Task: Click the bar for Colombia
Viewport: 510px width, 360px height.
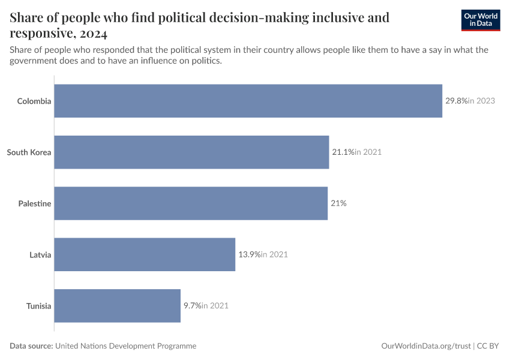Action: tap(248, 101)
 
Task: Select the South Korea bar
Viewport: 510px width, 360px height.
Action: tap(192, 152)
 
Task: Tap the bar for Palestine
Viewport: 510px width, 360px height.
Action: tap(191, 203)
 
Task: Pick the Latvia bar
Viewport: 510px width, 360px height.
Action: tap(145, 254)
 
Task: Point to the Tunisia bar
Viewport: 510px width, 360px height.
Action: tap(118, 305)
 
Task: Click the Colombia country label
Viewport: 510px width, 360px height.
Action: tap(34, 101)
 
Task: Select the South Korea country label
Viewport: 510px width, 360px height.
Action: tap(29, 152)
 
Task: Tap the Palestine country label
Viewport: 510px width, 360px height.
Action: tap(35, 203)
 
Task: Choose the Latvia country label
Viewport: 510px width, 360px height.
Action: tap(40, 254)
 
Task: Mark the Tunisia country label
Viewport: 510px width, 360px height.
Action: tap(39, 306)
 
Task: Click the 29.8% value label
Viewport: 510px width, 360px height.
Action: tap(456, 101)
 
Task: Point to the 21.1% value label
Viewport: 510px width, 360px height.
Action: tap(343, 152)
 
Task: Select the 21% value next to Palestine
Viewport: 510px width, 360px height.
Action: tap(338, 203)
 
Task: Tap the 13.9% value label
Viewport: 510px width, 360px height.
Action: tap(250, 254)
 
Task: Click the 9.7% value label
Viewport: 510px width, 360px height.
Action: tap(192, 305)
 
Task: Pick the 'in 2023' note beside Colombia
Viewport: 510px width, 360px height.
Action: tap(482, 101)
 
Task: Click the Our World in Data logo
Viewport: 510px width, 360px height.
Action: tap(480, 20)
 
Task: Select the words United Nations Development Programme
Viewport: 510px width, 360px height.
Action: tap(125, 346)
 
